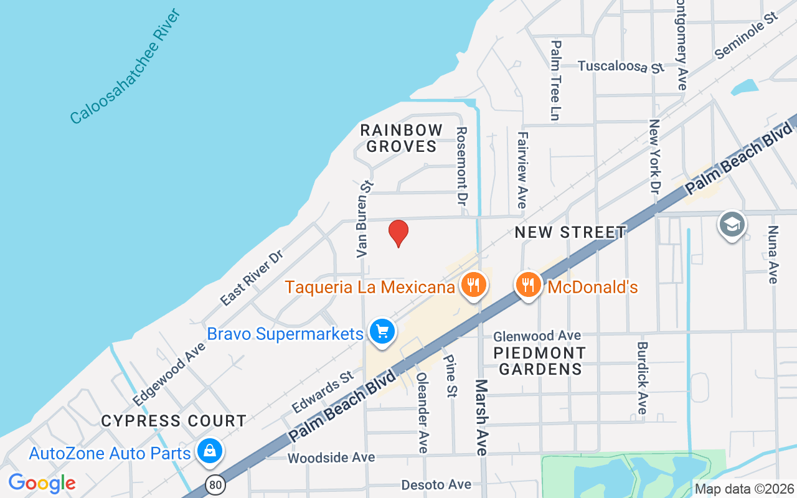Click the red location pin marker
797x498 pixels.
pyautogui.click(x=398, y=233)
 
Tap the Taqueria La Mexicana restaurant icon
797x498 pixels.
pyautogui.click(x=474, y=285)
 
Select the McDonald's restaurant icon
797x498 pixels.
pyautogui.click(x=528, y=285)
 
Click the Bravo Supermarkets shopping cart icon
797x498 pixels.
pyautogui.click(x=382, y=332)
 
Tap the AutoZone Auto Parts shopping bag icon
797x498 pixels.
pyautogui.click(x=209, y=451)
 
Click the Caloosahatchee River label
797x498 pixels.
pyautogui.click(x=125, y=67)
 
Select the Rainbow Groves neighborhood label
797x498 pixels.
pyautogui.click(x=402, y=138)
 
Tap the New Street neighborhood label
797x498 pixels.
pyautogui.click(x=570, y=233)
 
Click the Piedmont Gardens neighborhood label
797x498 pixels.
pyautogui.click(x=540, y=361)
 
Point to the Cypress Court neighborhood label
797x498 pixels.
pyautogui.click(x=174, y=421)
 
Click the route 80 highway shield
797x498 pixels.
pyautogui.click(x=215, y=484)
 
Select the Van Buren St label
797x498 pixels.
pyautogui.click(x=364, y=219)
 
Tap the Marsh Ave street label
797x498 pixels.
pyautogui.click(x=481, y=417)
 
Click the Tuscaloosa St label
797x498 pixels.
pyautogui.click(x=621, y=67)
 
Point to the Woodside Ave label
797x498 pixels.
pyautogui.click(x=331, y=458)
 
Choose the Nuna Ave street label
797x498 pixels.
pyautogui.click(x=773, y=255)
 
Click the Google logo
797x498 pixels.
pyautogui.click(x=42, y=483)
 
